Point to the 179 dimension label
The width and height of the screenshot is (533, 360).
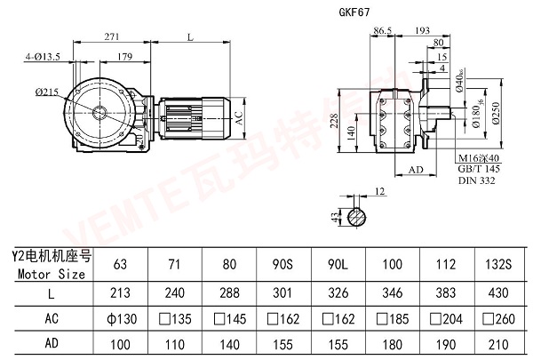click(126, 57)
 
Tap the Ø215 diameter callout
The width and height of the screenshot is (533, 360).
click(49, 92)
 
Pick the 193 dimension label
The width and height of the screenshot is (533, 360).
click(425, 30)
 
